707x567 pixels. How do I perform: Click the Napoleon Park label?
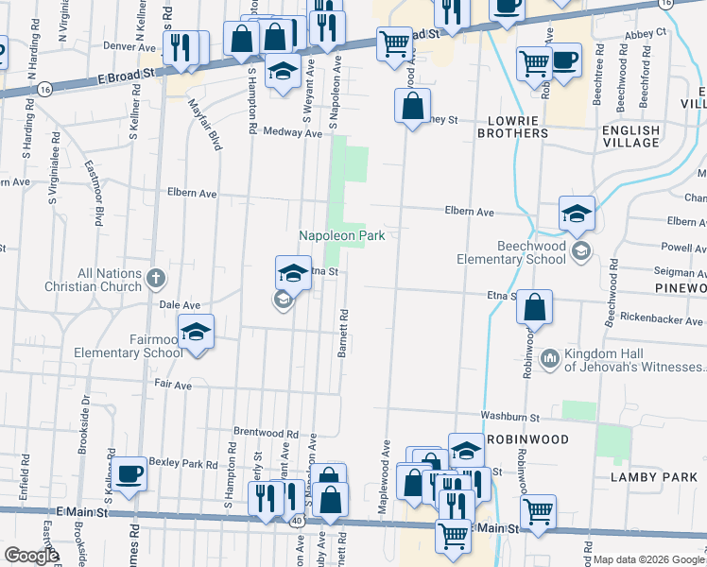pos(341,235)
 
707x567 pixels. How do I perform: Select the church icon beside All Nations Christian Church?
pos(157,279)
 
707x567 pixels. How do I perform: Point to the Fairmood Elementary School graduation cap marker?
pos(196,333)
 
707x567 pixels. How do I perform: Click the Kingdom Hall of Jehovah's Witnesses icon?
pos(550,358)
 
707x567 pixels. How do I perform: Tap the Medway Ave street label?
pos(292,133)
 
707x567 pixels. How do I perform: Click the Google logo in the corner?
pos(31,556)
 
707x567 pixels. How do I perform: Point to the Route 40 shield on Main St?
pos(297,521)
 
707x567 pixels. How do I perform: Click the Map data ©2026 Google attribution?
pos(648,559)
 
